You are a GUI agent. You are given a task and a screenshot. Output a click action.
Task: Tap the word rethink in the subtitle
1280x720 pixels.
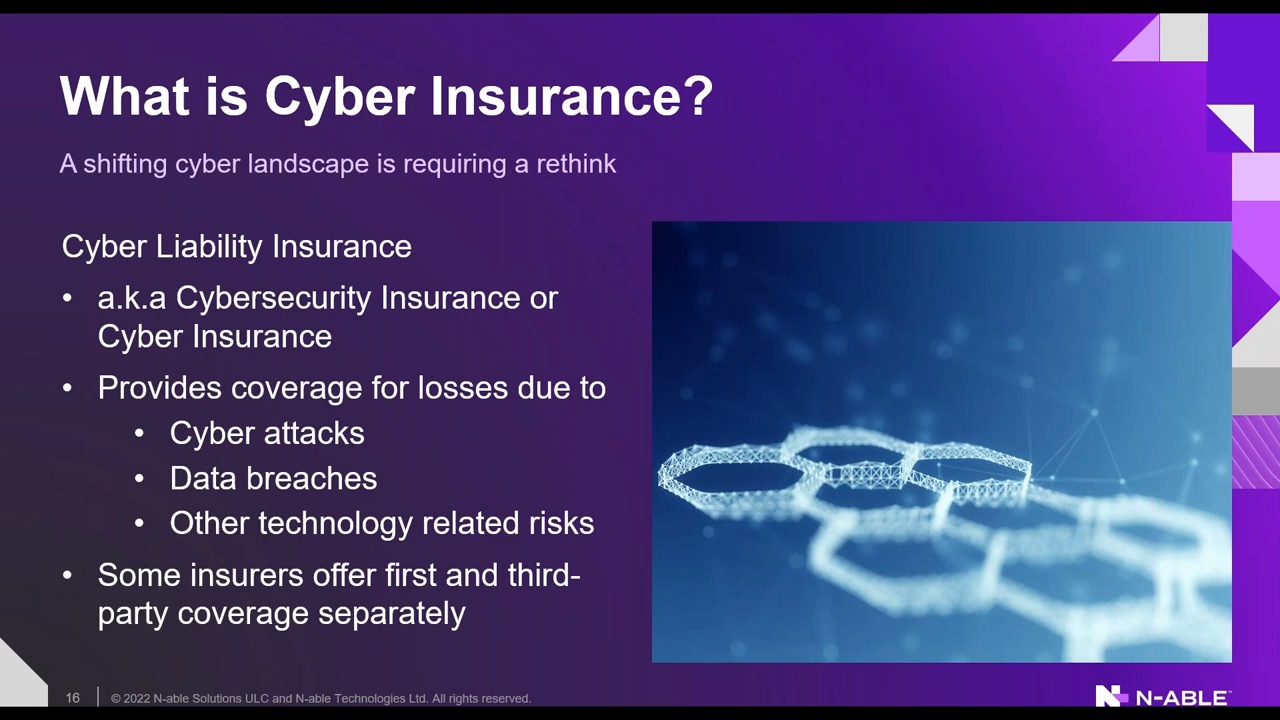(x=576, y=164)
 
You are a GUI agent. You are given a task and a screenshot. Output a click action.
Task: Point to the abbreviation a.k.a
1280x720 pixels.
(x=131, y=298)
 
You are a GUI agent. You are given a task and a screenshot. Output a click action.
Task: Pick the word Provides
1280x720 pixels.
(x=159, y=387)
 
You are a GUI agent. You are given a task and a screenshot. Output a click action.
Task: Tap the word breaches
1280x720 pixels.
(x=311, y=478)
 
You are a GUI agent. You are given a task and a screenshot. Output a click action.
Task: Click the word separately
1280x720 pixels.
(x=391, y=614)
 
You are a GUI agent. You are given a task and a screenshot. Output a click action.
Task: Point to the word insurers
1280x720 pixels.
(x=246, y=575)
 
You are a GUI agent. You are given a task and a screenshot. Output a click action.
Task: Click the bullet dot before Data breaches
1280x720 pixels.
(x=139, y=479)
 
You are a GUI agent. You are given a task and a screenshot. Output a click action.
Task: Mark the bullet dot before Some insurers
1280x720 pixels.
(x=67, y=575)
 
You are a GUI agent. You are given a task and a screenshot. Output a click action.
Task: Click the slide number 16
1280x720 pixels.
(x=73, y=698)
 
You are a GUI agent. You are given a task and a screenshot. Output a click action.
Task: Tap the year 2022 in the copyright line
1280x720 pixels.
(x=137, y=698)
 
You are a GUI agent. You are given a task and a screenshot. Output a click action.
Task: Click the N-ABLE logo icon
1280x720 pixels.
(x=1111, y=695)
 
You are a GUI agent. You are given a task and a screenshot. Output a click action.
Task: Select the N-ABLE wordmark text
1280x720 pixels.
(x=1182, y=698)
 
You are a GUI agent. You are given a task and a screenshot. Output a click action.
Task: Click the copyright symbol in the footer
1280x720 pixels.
(x=115, y=698)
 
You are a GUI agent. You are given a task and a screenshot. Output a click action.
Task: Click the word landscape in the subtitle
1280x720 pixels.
(x=308, y=164)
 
